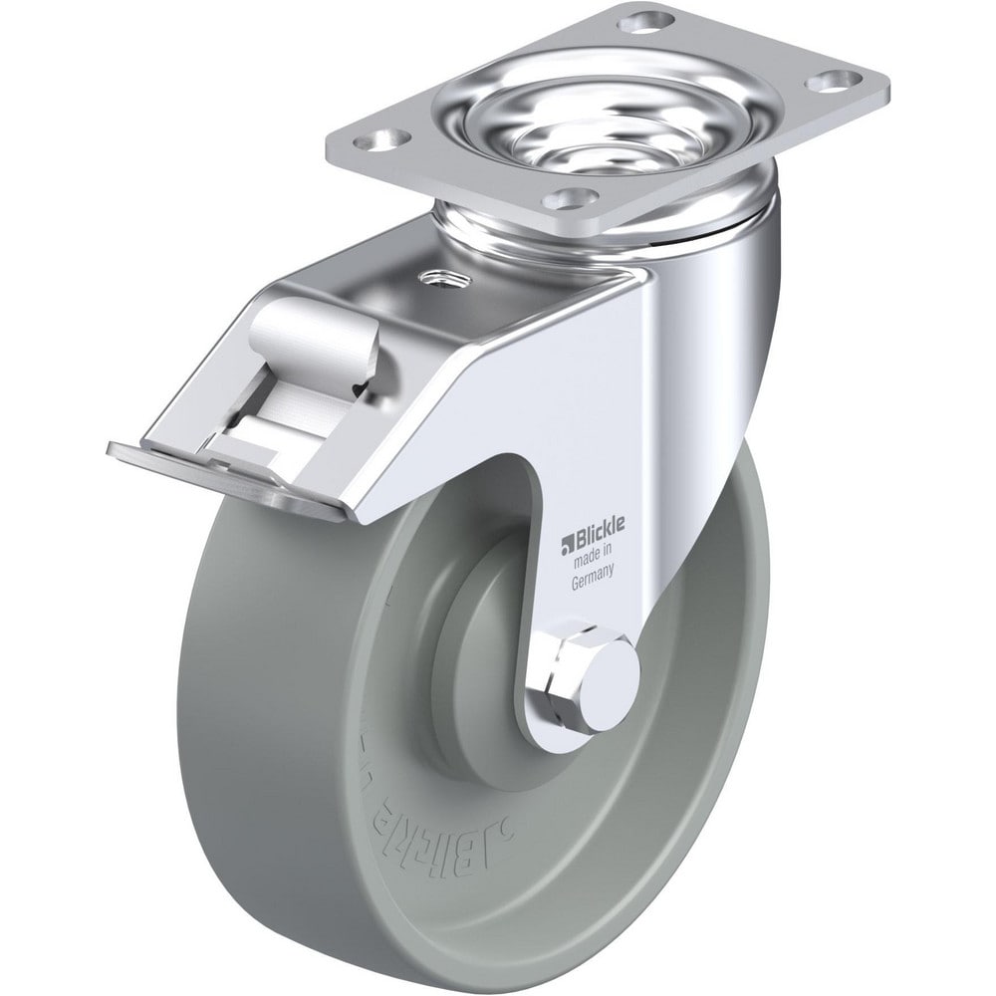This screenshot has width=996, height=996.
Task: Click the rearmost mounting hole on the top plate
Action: [x=642, y=19]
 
